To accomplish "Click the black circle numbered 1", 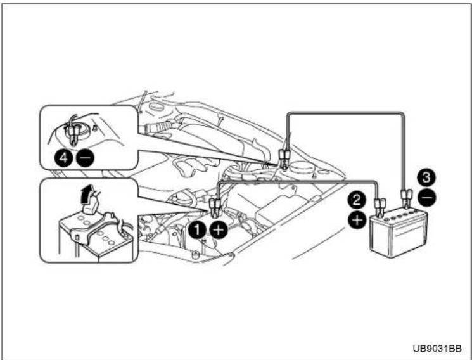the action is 197,230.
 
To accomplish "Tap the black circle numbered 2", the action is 357,200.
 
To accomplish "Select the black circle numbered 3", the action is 427,177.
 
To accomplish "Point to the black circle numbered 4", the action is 63,158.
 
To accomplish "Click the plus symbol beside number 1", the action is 218,230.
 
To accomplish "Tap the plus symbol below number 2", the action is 357,220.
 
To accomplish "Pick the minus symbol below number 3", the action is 427,198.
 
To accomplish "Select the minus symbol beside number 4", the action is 85,158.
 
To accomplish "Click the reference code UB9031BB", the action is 437,349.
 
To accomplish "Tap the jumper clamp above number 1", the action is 214,207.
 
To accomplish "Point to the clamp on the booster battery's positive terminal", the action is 379,207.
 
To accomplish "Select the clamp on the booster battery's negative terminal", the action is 405,198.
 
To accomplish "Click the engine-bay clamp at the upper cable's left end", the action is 284,158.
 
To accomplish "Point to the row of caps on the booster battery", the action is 401,215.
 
